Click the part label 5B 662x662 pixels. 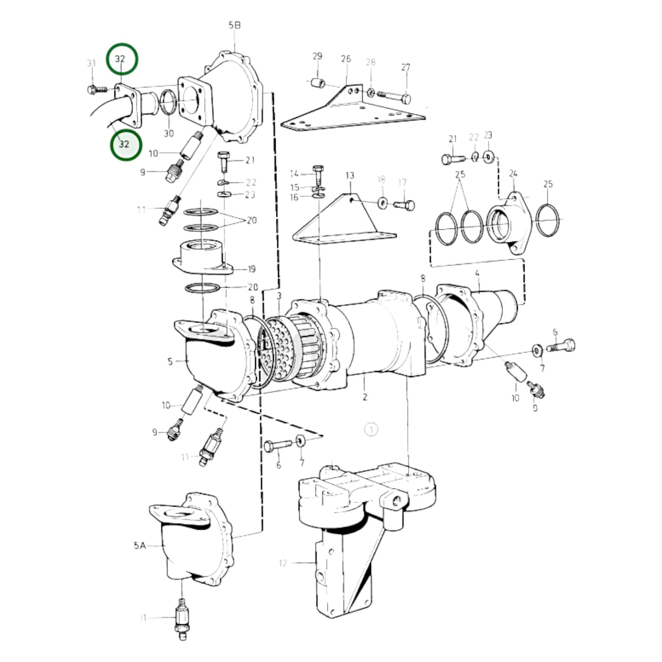coord(234,26)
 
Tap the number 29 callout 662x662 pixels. coord(317,56)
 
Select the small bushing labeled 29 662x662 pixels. coord(317,83)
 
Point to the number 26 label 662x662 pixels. coord(346,59)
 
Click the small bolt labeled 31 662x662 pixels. coord(94,90)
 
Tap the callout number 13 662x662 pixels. coord(350,175)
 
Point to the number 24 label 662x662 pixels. coord(513,174)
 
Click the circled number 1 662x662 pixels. coord(371,430)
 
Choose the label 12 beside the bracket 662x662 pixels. coord(282,563)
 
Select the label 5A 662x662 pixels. coord(140,545)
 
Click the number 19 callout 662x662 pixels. coord(251,269)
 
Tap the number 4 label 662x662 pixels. coord(477,274)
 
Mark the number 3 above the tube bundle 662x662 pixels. coord(279,296)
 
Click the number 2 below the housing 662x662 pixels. coord(365,397)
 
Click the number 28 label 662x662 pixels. coord(371,62)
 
